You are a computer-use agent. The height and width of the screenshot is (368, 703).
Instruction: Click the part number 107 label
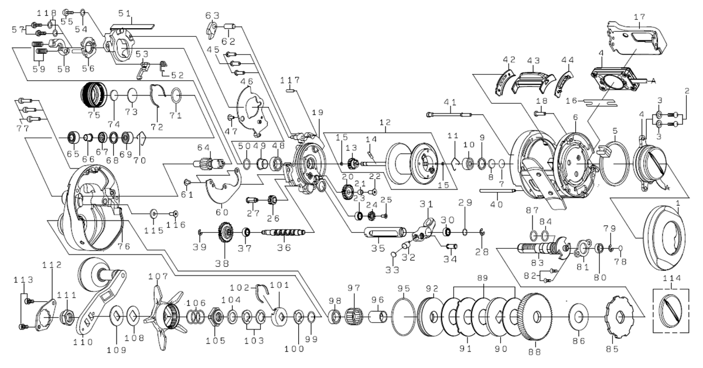coord(158,275)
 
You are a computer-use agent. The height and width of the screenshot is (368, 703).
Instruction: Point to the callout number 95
coord(404,288)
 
